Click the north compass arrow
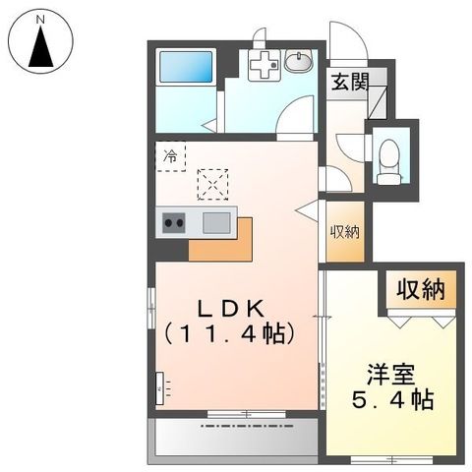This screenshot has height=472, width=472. [x=41, y=47]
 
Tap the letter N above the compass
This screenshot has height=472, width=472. [x=40, y=18]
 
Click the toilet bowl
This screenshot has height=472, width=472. [x=389, y=156]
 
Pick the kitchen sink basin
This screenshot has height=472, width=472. [x=216, y=222]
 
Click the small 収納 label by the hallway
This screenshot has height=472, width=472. [x=343, y=232]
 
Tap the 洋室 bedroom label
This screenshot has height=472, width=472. [x=390, y=375]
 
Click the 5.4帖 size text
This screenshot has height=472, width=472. [x=393, y=400]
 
